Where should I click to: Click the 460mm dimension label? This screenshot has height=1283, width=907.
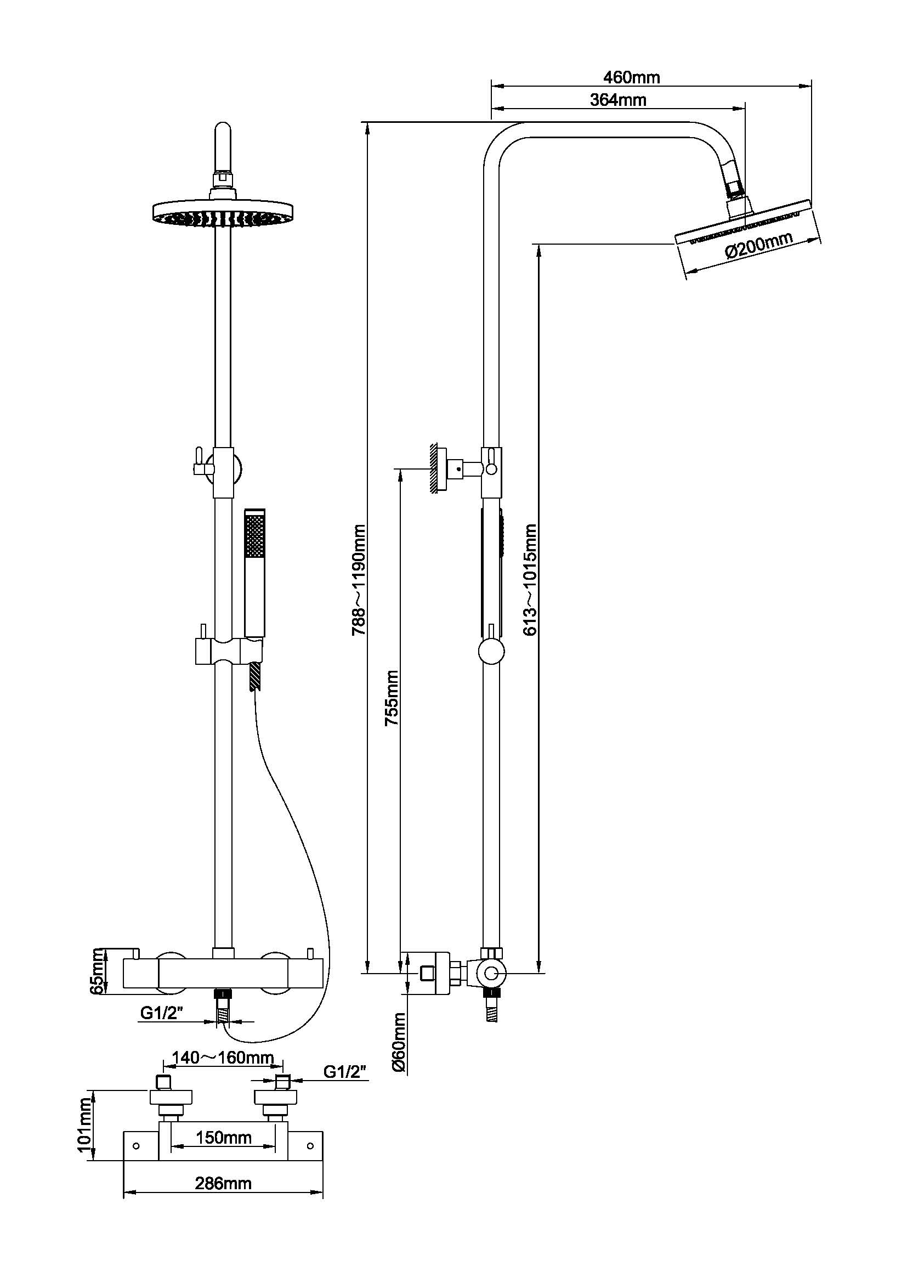point(631,77)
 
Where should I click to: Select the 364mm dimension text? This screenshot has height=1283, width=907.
point(617,99)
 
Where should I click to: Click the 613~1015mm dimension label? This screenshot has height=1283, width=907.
point(530,579)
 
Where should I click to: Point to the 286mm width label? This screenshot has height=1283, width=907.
point(223,1183)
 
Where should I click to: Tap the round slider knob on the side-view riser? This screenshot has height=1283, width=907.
point(492,652)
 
